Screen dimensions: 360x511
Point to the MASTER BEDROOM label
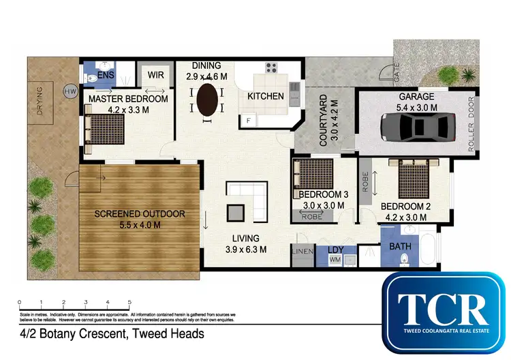(128, 99)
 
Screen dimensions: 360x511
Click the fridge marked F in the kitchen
(249, 120)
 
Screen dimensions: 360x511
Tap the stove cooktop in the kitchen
(271, 68)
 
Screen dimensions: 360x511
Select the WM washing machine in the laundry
(335, 259)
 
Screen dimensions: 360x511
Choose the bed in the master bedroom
(104, 127)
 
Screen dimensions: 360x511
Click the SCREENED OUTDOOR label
(140, 214)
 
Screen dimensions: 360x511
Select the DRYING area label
(40, 103)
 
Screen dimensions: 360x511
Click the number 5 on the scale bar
(129, 301)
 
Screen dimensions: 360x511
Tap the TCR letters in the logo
(446, 310)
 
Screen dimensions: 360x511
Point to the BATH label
(399, 246)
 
